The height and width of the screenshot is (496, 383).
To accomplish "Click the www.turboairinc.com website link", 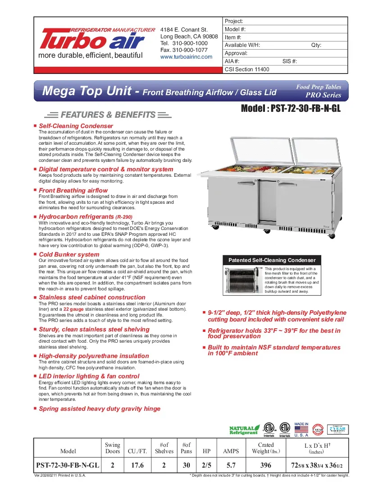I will pos(186,57).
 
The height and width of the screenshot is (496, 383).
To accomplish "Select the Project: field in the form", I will pos(285,21).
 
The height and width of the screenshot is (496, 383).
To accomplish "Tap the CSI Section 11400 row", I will pos(285,69).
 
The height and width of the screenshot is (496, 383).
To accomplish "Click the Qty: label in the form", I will pos(316,45).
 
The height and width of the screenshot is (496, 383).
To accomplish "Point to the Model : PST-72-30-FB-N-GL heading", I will pos(291,109).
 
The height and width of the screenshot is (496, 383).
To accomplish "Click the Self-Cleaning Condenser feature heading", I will pos(76,126).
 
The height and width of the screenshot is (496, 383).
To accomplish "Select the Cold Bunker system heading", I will pos(69,254).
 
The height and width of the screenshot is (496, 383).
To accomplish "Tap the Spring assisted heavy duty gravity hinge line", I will pos(99,409).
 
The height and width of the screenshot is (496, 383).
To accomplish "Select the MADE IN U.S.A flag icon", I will pos(301,430).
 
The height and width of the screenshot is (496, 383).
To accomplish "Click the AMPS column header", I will pos(231,451).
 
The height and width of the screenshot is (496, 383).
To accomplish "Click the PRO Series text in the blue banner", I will pos(323,95).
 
